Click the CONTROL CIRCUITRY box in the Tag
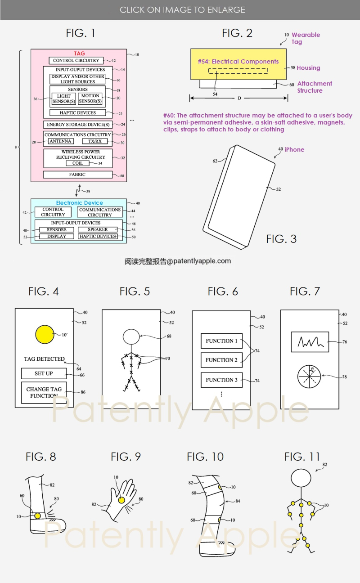tap(76, 61)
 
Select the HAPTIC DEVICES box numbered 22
tap(77, 112)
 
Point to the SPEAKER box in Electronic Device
tap(98, 229)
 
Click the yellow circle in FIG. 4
tap(44, 334)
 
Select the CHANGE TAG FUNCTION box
tap(44, 392)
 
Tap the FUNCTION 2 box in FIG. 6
tap(221, 360)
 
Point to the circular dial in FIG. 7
tap(309, 376)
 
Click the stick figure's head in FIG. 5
tap(131, 336)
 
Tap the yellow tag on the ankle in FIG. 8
tap(37, 516)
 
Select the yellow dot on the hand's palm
tap(121, 499)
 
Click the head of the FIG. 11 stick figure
tap(301, 478)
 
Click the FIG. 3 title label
tap(281, 238)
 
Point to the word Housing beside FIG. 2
tap(308, 68)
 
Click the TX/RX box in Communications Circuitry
tap(94, 142)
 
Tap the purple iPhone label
tap(294, 149)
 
